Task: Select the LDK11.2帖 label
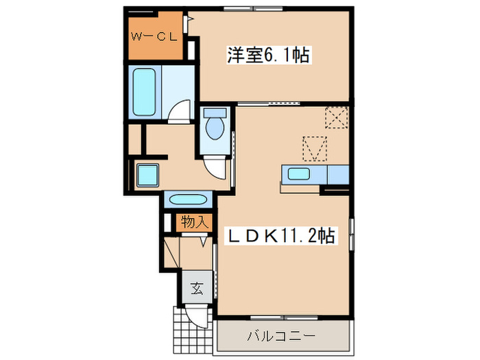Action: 281,237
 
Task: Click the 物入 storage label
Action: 194,221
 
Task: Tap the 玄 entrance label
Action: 196,289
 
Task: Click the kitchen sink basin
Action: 300,173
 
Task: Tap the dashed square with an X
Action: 337,118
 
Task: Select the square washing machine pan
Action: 146,174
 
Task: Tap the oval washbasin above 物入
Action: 187,201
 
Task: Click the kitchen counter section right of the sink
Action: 339,174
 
